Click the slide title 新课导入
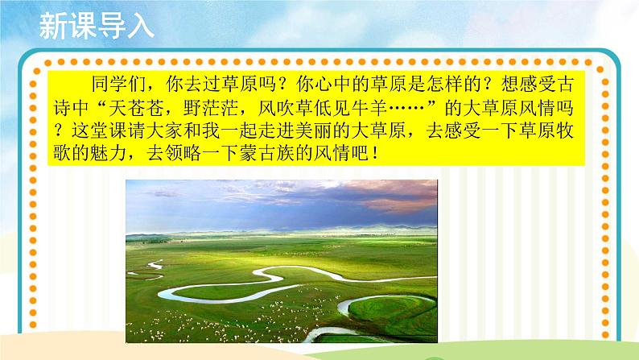[x=95, y=27]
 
